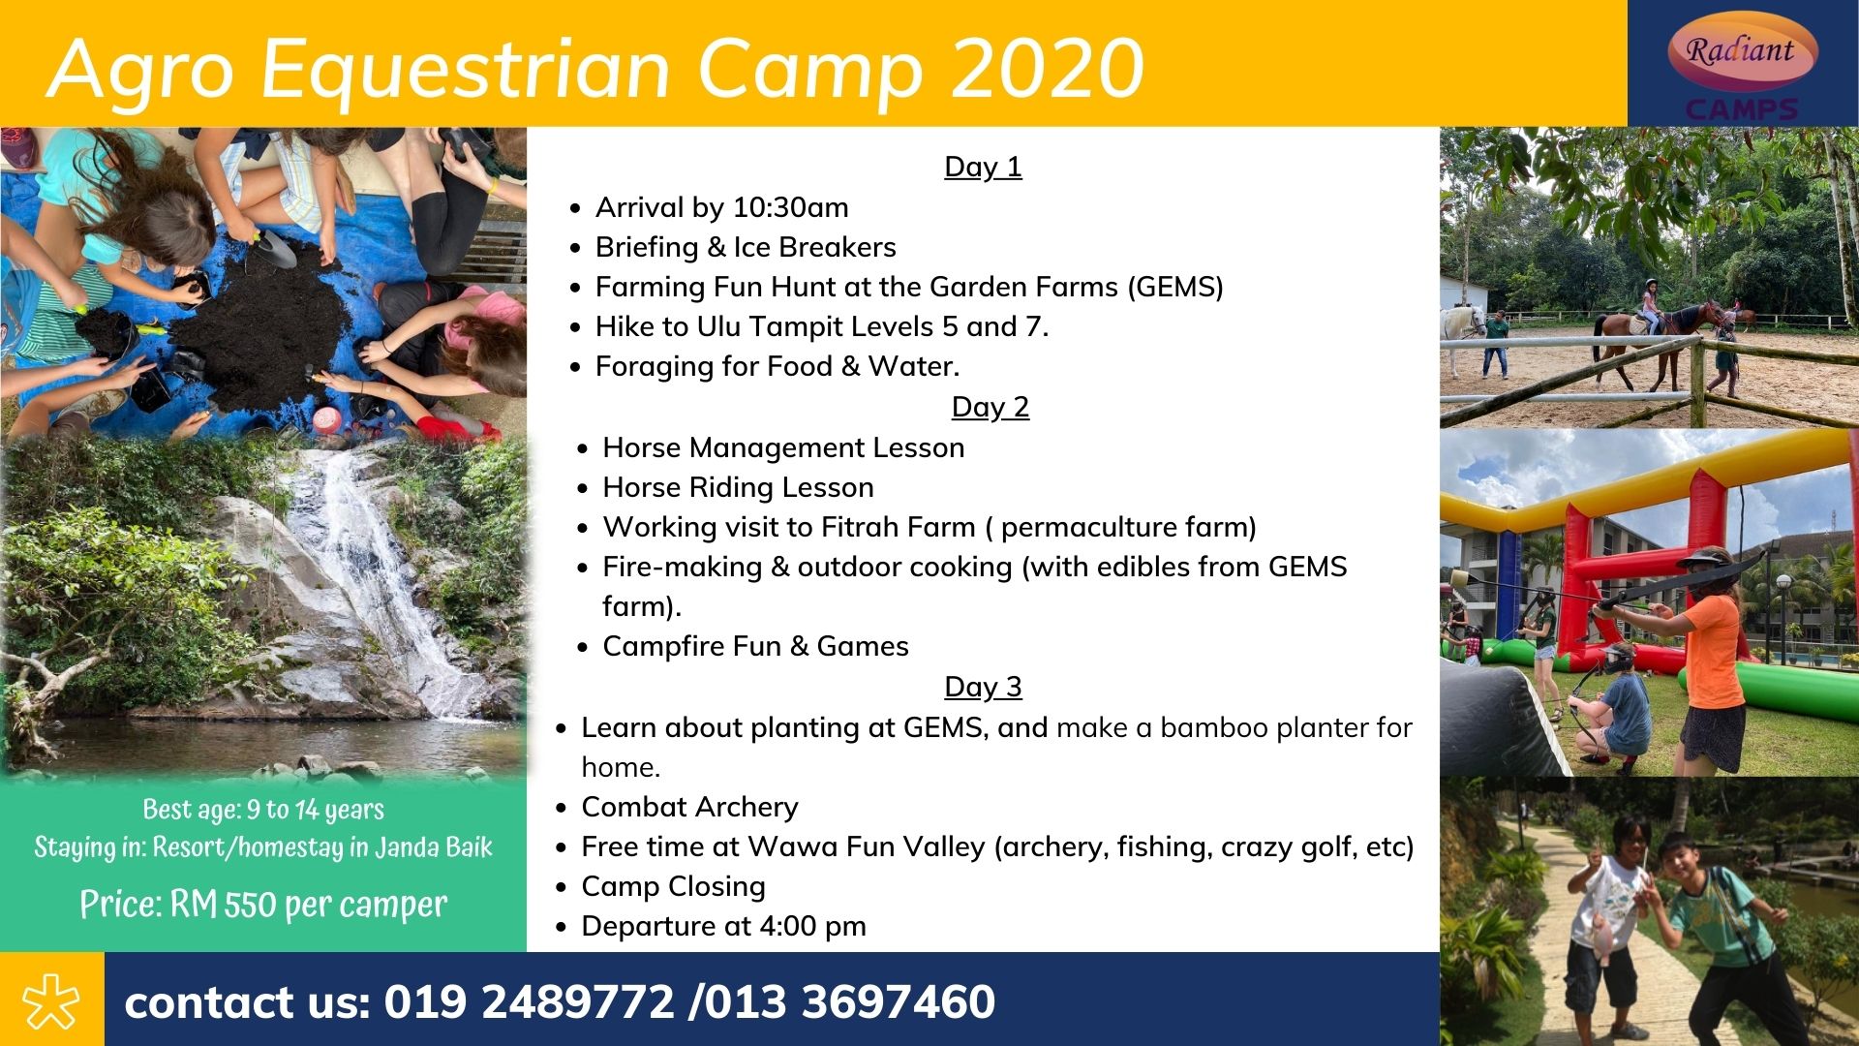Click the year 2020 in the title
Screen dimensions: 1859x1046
click(x=1048, y=69)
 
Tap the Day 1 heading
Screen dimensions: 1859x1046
click(x=983, y=167)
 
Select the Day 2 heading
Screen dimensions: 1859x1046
click(x=990, y=407)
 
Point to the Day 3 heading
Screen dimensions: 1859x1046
click(x=983, y=687)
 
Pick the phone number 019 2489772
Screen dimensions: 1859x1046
click(x=529, y=1001)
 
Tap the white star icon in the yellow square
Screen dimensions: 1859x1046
click(x=51, y=1000)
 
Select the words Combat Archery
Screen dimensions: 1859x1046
click(x=689, y=807)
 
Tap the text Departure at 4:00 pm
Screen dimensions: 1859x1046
click(x=723, y=927)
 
